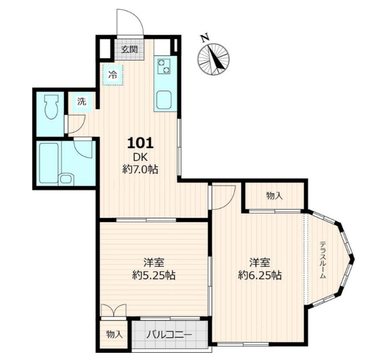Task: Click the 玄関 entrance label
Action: [x=129, y=49]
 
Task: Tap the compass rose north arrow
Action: [x=214, y=59]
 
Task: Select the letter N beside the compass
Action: [x=205, y=38]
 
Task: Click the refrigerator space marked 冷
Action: [x=113, y=75]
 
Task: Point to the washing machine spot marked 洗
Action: [x=82, y=102]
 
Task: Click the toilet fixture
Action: [x=52, y=107]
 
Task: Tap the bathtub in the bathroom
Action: [x=48, y=163]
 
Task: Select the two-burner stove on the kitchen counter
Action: [x=163, y=66]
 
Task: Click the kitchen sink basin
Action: [x=163, y=100]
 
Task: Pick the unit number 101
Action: [x=141, y=143]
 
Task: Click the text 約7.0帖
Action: [x=141, y=169]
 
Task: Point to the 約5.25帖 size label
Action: [x=154, y=275]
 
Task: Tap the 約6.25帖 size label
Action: [x=260, y=275]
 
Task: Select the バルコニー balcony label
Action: [x=169, y=335]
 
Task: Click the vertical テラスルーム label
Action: [x=323, y=259]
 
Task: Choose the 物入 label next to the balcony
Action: [x=114, y=334]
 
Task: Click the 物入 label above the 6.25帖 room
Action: [x=274, y=196]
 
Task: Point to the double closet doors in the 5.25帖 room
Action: [x=114, y=310]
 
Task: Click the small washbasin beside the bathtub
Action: [x=66, y=179]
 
